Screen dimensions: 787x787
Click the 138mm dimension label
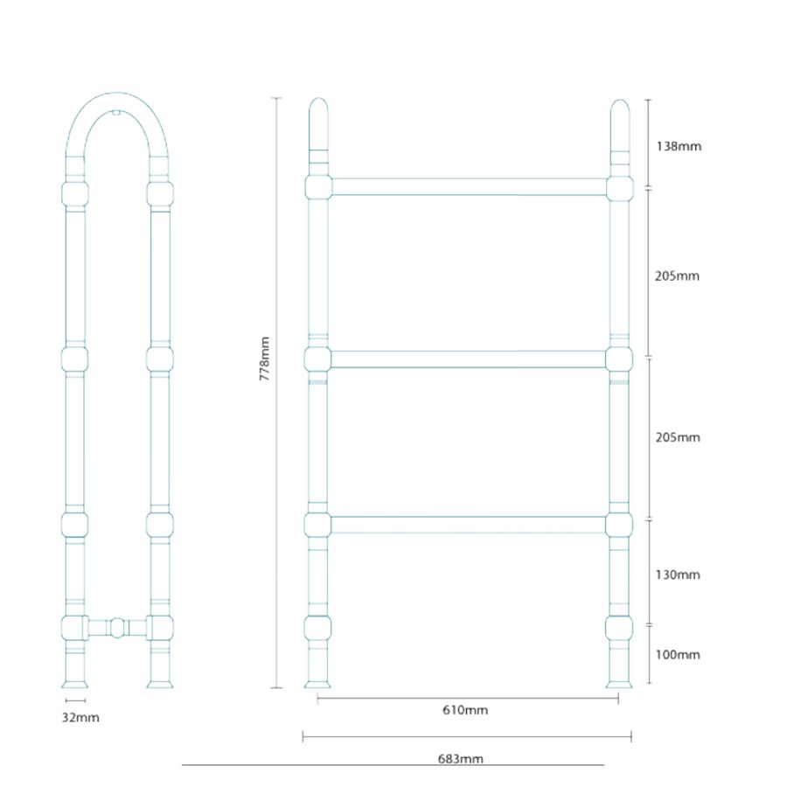[678, 146]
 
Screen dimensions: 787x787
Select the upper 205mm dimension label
[678, 276]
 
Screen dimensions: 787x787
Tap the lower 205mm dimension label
[678, 437]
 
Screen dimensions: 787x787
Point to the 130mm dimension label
[678, 575]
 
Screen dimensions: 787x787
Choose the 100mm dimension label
[678, 654]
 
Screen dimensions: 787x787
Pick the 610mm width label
[466, 710]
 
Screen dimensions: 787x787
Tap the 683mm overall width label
[460, 759]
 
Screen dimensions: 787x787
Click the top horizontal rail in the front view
[468, 186]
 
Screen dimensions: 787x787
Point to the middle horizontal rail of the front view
[468, 359]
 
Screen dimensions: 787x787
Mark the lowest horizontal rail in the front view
[468, 525]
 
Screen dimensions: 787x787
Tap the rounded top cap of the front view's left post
[318, 114]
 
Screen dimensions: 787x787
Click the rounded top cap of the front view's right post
[619, 114]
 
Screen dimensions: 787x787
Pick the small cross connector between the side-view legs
[117, 627]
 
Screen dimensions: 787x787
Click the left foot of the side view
[74, 679]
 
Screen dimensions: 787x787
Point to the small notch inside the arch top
[117, 113]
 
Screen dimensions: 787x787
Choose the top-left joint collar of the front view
[318, 186]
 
